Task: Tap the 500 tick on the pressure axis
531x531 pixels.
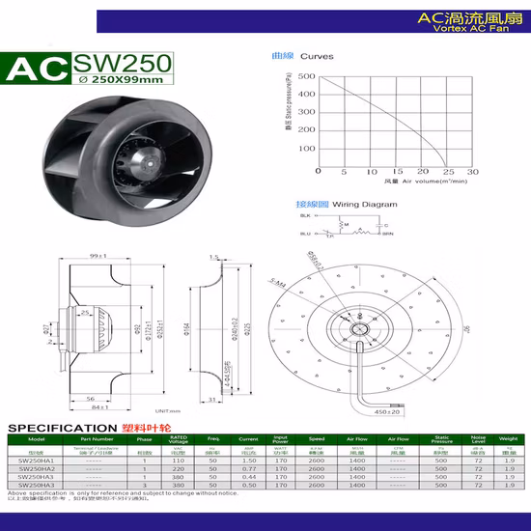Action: tap(306, 75)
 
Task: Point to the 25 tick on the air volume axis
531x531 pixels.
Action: tap(448, 171)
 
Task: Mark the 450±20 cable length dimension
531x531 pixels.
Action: tap(388, 412)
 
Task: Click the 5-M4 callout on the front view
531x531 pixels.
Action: tap(279, 286)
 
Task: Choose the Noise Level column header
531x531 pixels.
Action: tap(479, 440)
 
